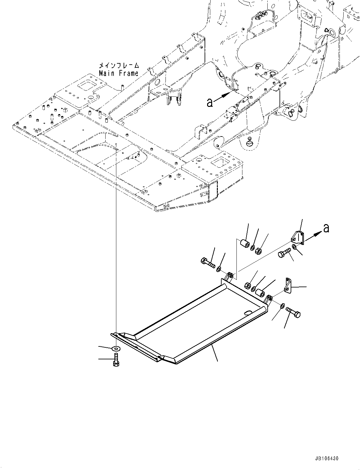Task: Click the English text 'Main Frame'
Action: point(119,73)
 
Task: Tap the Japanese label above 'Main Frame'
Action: point(119,66)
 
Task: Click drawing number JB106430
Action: point(326,458)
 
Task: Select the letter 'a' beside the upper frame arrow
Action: point(210,102)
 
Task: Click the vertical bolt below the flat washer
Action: point(116,360)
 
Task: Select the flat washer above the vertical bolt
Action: point(116,348)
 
